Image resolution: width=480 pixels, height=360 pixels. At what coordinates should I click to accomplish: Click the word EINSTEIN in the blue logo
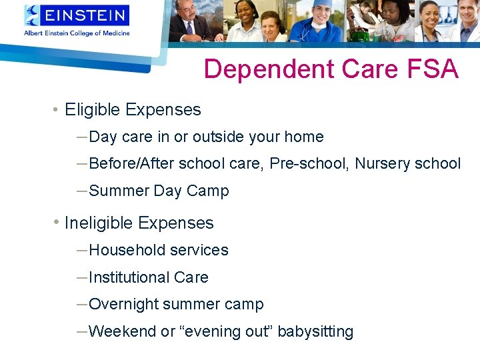85,15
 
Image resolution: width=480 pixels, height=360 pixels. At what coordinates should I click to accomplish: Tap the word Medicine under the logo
116,33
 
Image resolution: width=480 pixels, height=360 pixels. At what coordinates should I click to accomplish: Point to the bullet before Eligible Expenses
55,109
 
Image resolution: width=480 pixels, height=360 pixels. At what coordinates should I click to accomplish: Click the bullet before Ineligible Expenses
56,221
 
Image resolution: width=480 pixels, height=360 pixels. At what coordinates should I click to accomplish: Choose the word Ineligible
98,223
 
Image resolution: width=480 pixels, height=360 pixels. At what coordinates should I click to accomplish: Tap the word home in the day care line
304,137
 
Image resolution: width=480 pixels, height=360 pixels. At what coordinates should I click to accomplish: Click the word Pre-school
309,163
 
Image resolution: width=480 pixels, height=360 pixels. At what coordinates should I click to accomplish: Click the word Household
127,250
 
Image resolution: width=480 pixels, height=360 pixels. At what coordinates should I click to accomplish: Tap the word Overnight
123,305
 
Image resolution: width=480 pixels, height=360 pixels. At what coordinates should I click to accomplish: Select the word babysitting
315,331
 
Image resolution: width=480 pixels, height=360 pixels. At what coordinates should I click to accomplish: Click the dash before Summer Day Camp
82,191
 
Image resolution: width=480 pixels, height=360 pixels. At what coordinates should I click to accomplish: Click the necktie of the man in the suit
189,28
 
